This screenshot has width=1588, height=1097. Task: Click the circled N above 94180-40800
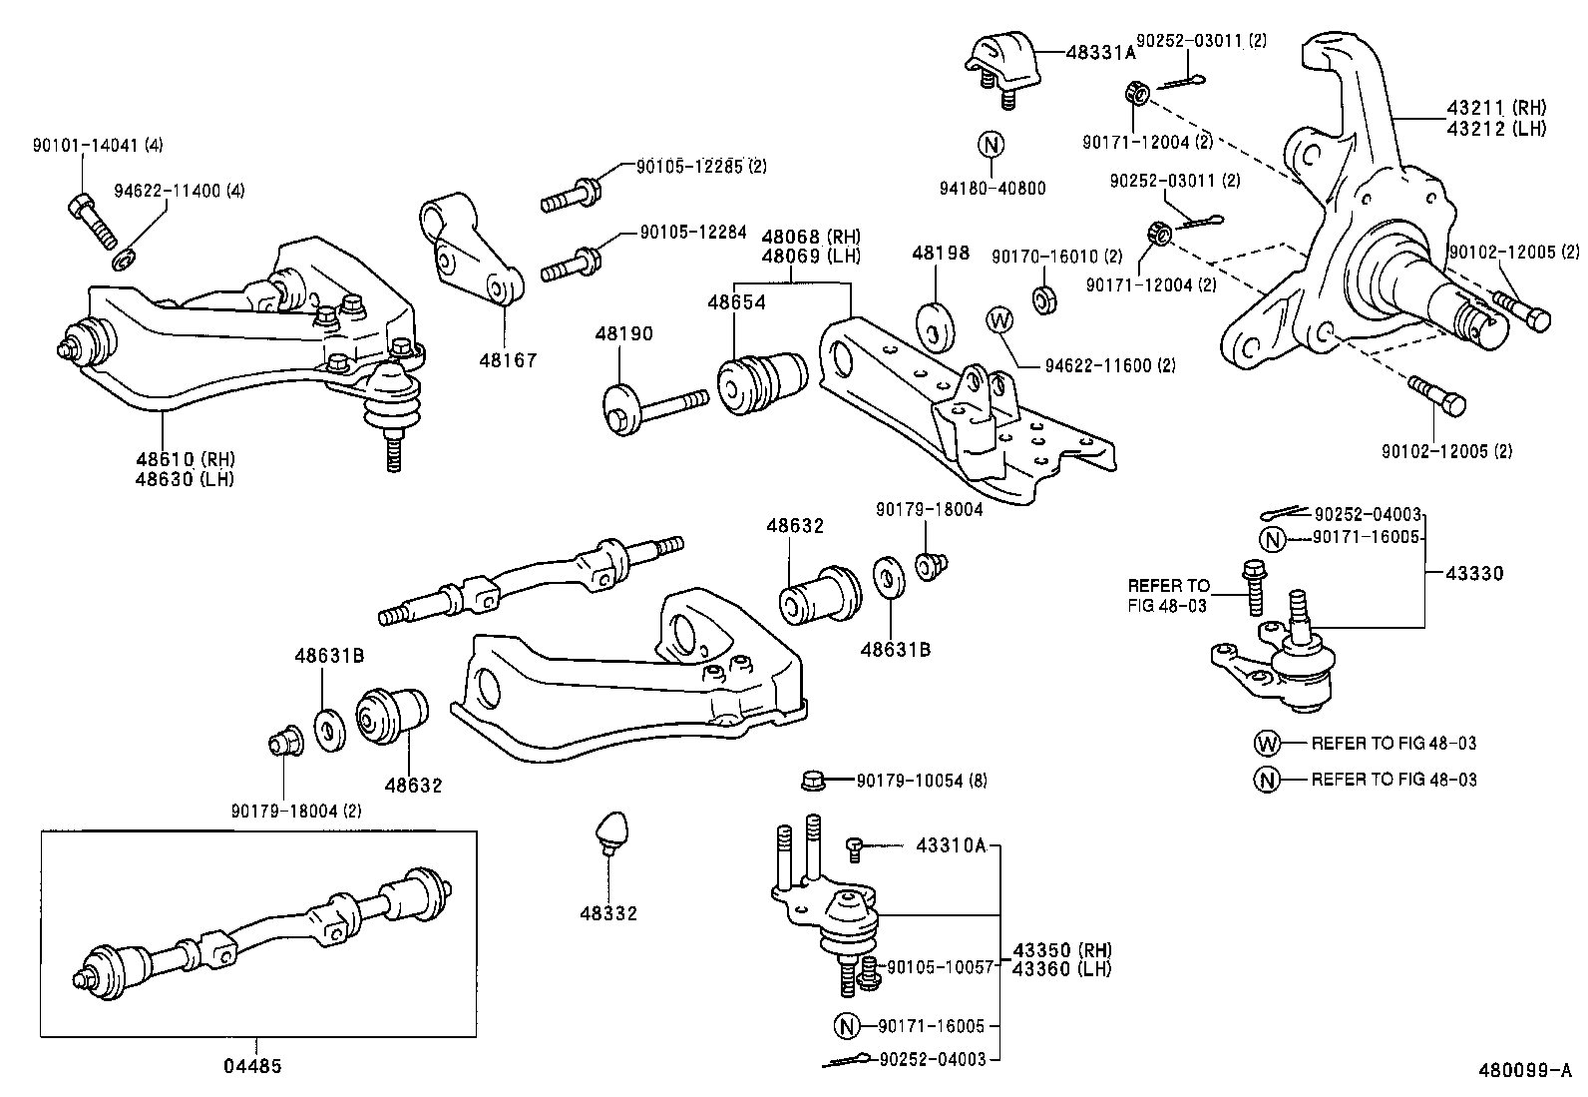pyautogui.click(x=991, y=146)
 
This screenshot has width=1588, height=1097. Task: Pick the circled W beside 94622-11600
pyautogui.click(x=998, y=319)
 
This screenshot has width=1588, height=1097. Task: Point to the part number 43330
pyautogui.click(x=1474, y=574)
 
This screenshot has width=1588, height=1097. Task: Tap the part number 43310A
pyautogui.click(x=951, y=846)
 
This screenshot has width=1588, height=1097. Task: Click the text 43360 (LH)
pyautogui.click(x=1061, y=968)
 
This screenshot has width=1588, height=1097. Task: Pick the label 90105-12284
pyautogui.click(x=692, y=233)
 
